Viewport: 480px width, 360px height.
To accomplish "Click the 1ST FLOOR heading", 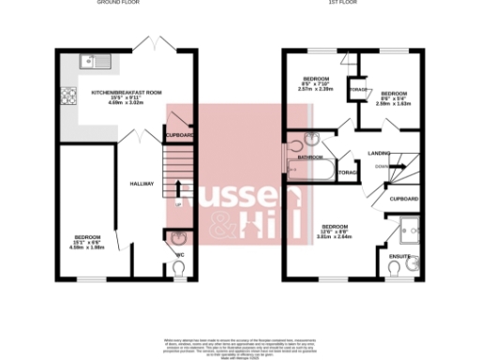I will click(338, 3).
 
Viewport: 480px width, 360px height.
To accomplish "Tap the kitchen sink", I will click(95, 63).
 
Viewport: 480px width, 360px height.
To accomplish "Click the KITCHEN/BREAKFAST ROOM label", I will click(127, 93).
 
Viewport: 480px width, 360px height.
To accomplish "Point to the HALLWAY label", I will click(141, 184).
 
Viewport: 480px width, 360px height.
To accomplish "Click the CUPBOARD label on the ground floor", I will click(179, 136).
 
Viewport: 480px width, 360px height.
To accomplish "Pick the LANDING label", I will click(379, 152).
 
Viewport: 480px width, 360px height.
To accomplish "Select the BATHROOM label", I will click(310, 157).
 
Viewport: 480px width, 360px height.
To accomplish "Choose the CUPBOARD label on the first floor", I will click(403, 200).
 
